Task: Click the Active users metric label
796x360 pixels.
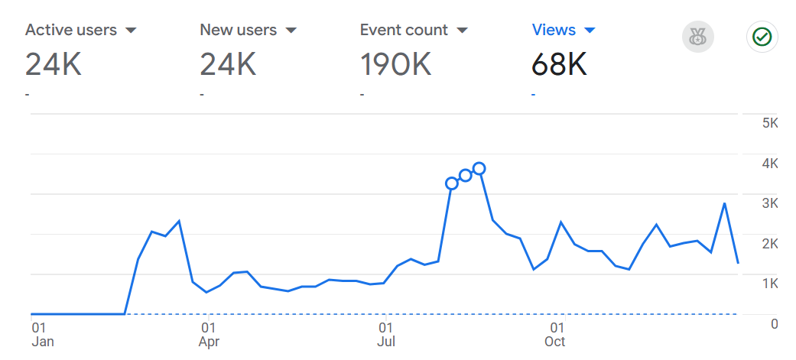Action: [70, 31]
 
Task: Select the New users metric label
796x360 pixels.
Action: [238, 31]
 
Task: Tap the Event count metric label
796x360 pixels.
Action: [404, 31]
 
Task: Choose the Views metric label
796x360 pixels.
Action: [554, 31]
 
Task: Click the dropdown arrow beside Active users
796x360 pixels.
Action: [131, 31]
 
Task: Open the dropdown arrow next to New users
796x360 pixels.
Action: [291, 31]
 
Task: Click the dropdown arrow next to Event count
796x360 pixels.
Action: [462, 31]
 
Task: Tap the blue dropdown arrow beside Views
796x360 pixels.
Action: [589, 31]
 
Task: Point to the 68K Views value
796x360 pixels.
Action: [559, 65]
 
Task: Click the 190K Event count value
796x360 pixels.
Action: [395, 65]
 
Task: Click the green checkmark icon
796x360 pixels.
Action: [762, 37]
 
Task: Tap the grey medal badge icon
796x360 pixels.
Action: [697, 37]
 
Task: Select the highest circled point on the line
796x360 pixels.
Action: [479, 168]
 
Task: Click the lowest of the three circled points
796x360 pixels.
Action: [452, 183]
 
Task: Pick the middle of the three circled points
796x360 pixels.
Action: [466, 176]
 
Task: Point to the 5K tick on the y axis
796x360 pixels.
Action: [769, 124]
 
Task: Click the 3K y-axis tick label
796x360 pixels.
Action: [769, 203]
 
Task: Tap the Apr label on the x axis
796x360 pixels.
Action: [210, 342]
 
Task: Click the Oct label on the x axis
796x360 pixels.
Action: [555, 342]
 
